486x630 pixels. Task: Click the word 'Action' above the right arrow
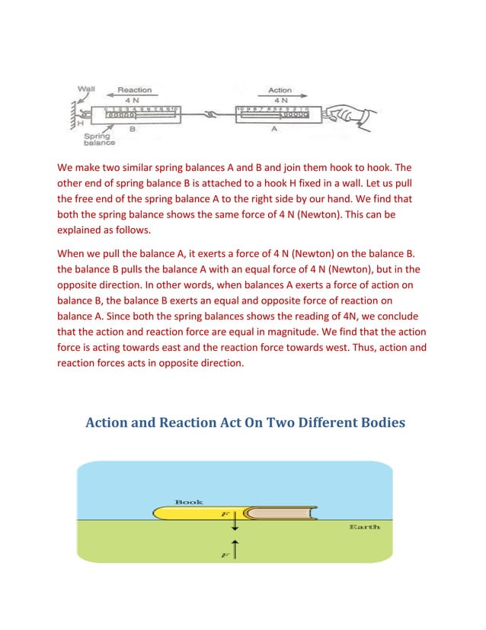[x=280, y=90]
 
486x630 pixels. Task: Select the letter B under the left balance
[x=133, y=130]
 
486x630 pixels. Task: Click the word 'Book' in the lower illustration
[x=188, y=502]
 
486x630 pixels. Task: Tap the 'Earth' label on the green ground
[x=363, y=527]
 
